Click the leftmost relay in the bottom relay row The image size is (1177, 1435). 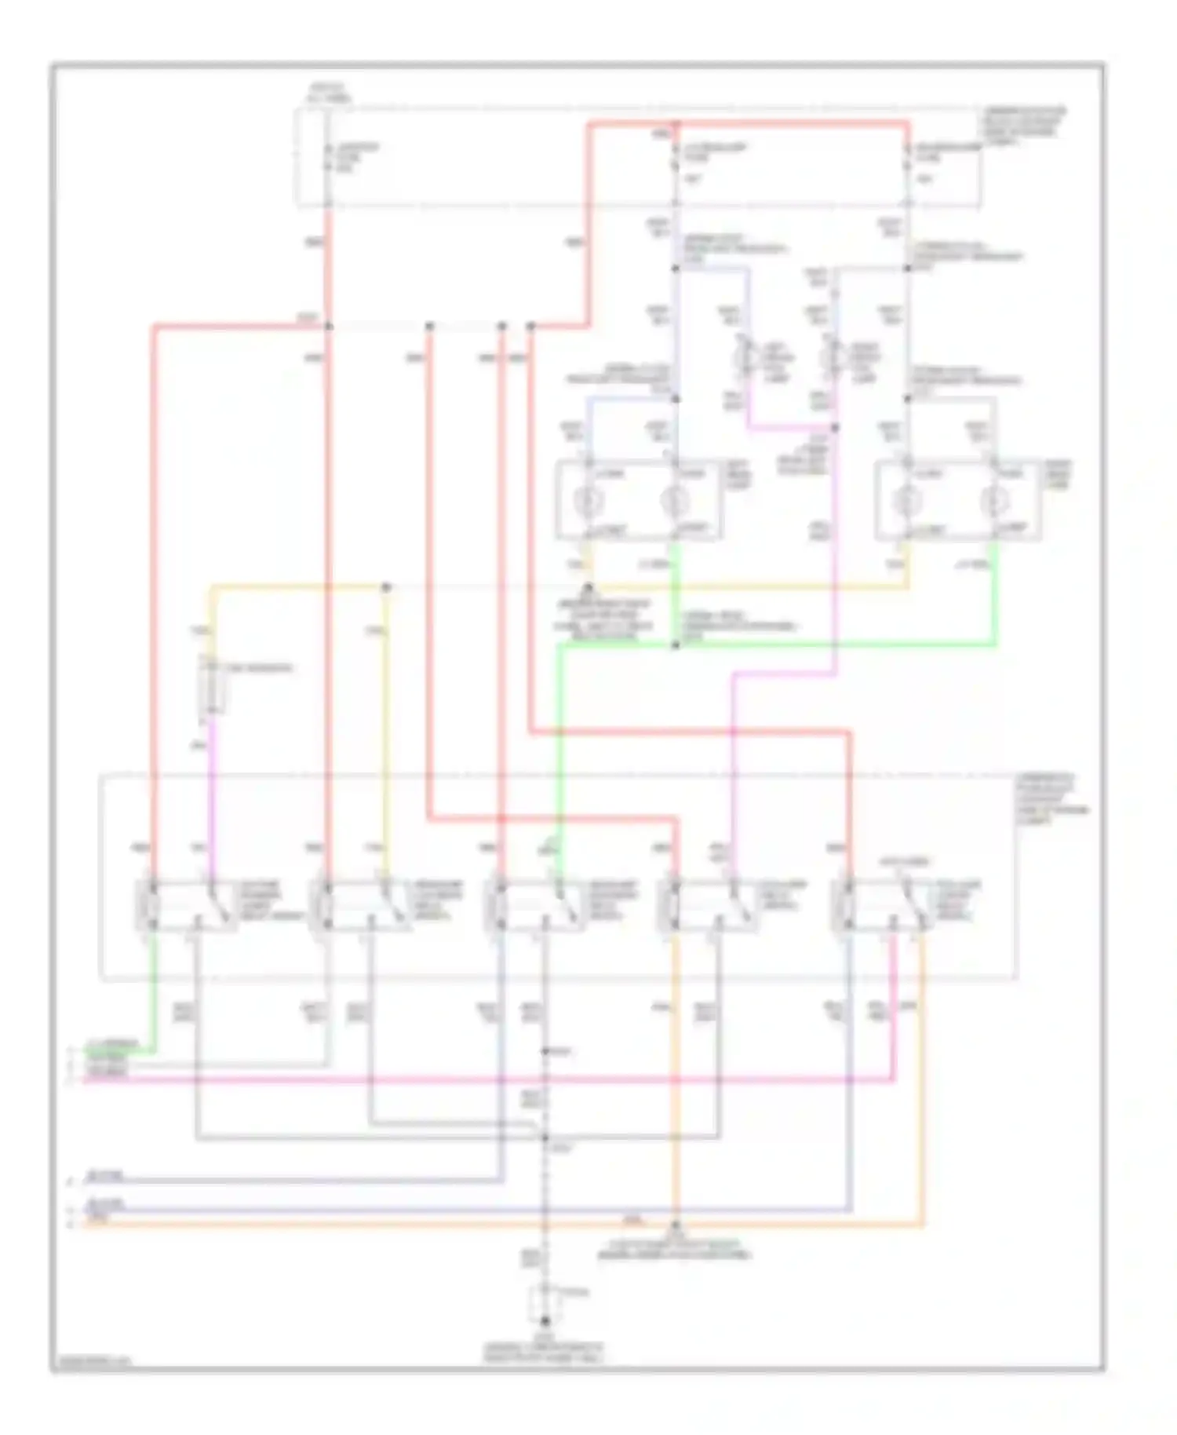[186, 907]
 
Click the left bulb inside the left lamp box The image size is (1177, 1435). [589, 500]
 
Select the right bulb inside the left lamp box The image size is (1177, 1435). [673, 500]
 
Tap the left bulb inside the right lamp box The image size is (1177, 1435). [908, 500]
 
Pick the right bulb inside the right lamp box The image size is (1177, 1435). [993, 500]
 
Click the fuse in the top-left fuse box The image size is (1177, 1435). [328, 157]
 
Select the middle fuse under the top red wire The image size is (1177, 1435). [675, 157]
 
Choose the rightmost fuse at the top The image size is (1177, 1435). [908, 157]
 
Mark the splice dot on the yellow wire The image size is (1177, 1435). [385, 586]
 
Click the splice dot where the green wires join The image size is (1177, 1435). [676, 645]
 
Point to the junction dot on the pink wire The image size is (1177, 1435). [835, 429]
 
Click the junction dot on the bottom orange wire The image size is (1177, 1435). [676, 1224]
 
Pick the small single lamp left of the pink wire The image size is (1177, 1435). [742, 358]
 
